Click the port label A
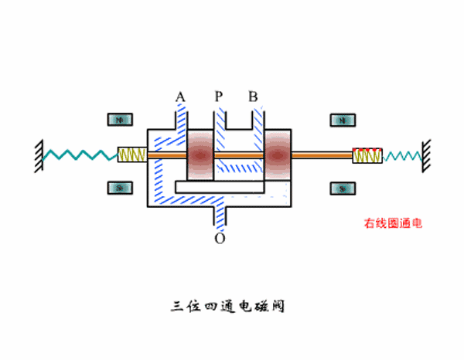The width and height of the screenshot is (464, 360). (x=180, y=97)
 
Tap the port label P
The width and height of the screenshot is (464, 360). (x=219, y=97)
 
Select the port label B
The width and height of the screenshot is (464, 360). (x=253, y=97)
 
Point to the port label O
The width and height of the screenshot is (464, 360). (x=220, y=239)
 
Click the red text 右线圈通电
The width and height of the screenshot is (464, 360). (x=394, y=224)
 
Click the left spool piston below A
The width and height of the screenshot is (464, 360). (x=200, y=155)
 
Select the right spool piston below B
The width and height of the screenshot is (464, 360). (x=278, y=155)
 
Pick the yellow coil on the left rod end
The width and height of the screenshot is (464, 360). (x=132, y=155)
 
